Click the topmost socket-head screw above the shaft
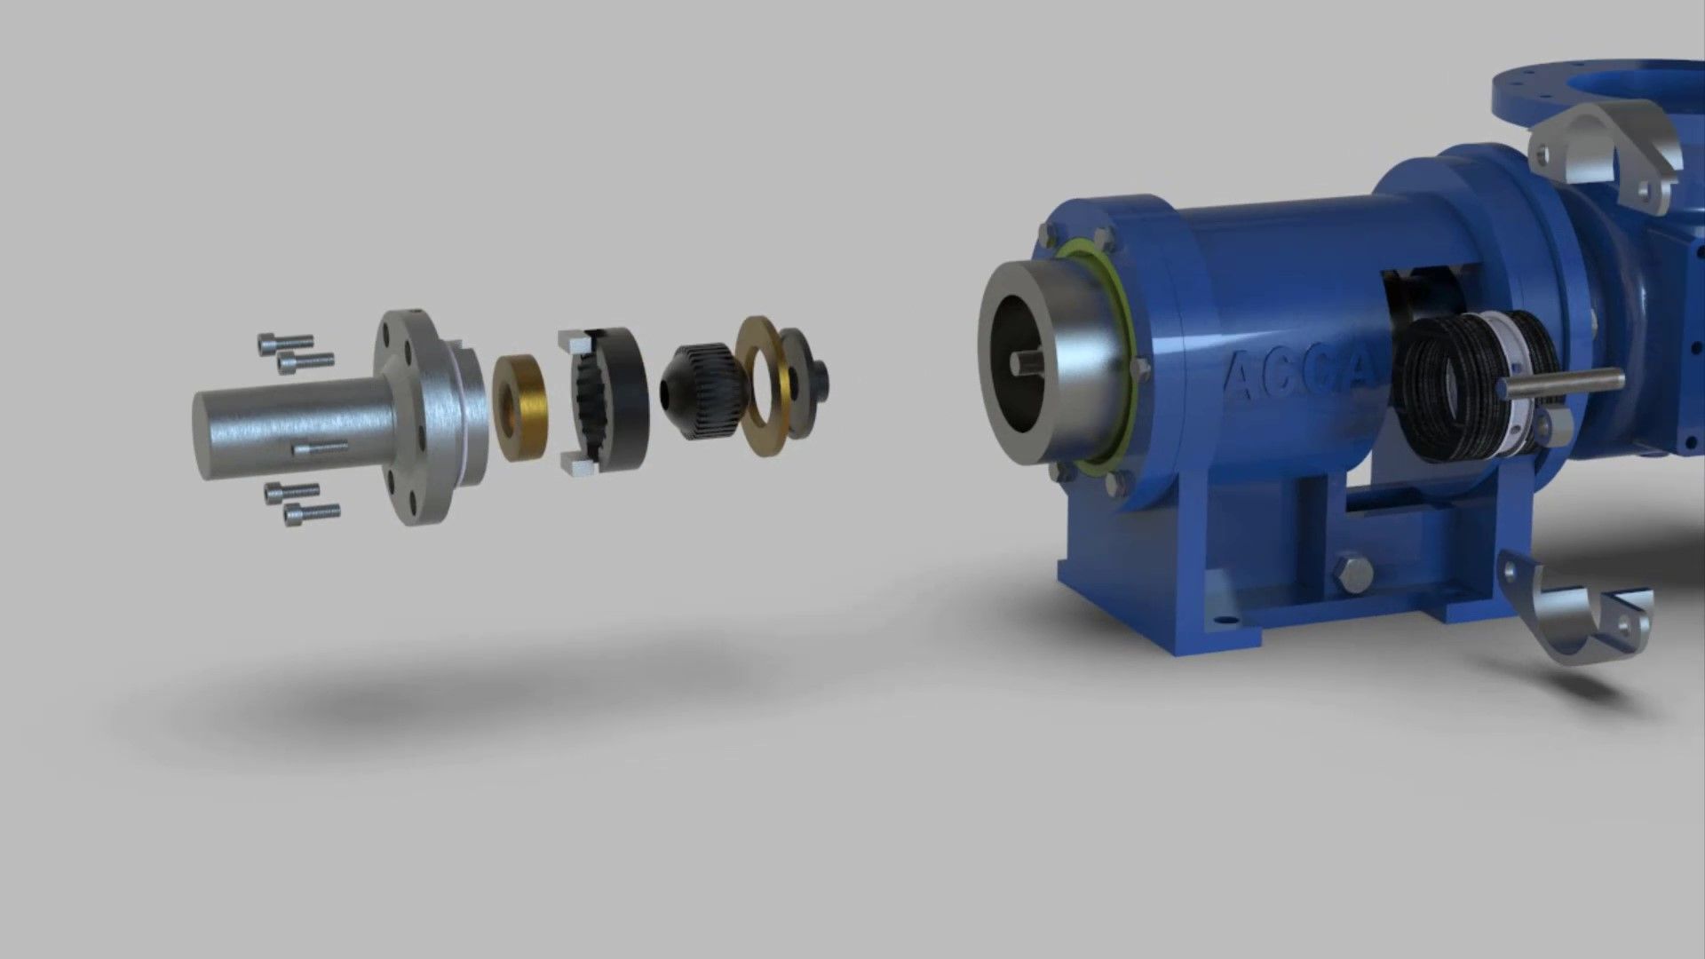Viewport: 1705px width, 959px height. point(284,342)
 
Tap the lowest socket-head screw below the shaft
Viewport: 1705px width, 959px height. point(311,513)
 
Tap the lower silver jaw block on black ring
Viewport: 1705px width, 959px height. point(577,463)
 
